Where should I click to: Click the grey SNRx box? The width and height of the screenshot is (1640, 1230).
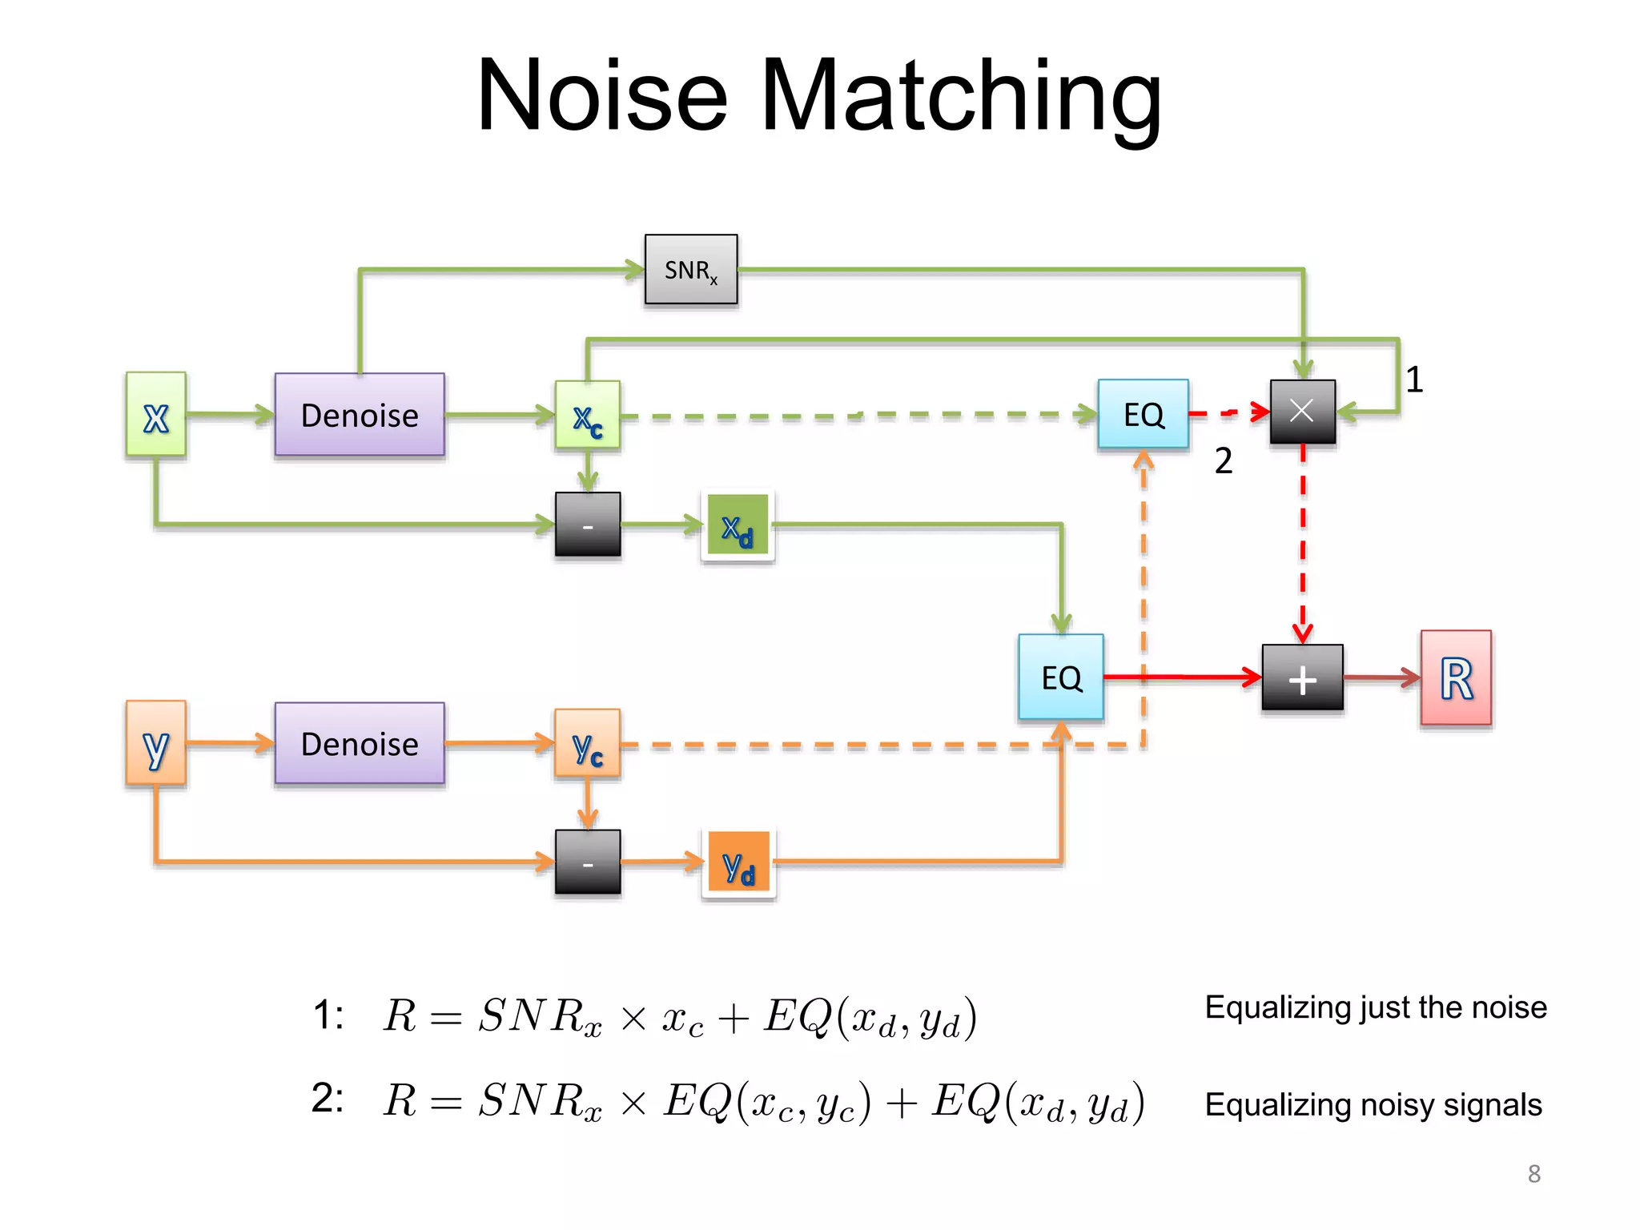[690, 270]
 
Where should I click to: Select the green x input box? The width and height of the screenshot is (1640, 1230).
[156, 415]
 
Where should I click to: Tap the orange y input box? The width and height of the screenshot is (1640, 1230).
[156, 743]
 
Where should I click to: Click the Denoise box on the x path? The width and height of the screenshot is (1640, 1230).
[360, 415]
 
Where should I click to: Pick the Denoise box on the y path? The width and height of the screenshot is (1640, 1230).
[360, 743]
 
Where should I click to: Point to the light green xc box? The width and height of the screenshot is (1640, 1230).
[587, 415]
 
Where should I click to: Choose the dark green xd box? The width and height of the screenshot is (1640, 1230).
[738, 526]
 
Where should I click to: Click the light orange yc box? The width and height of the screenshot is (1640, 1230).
[587, 743]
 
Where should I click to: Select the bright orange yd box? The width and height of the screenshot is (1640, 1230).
[738, 862]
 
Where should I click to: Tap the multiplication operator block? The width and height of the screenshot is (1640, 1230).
[1302, 412]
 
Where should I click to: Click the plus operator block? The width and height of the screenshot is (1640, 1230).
[1302, 678]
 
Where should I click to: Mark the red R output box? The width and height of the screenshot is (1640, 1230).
[1456, 678]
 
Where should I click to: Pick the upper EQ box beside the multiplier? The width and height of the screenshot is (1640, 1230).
[1143, 414]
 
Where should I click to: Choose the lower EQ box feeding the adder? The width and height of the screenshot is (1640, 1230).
[1061, 677]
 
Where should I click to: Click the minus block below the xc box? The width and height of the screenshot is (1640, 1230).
[587, 525]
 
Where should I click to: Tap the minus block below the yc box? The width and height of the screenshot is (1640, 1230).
[587, 862]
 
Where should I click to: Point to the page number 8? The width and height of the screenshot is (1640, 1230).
[1533, 1173]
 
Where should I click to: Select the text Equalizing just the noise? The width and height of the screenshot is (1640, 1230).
[1375, 1007]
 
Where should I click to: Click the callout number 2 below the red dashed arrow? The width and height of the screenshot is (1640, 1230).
[1223, 461]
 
